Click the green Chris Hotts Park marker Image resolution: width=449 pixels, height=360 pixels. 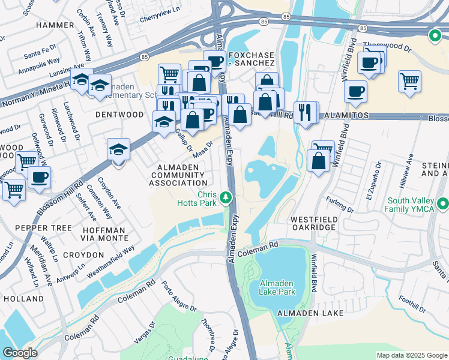[226, 197]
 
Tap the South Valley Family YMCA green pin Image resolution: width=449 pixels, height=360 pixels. [443, 205]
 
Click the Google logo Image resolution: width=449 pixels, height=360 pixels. [20, 352]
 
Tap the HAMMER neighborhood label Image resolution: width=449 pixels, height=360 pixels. [55, 25]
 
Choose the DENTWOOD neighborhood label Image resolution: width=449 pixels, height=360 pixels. [119, 114]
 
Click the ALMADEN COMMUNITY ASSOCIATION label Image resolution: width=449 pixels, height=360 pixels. [178, 174]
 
